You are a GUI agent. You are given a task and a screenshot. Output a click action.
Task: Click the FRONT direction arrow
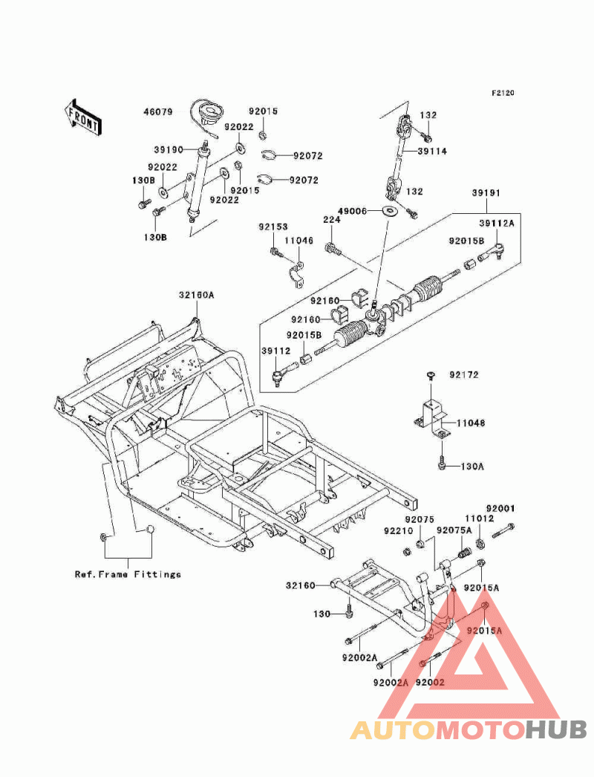[83, 116]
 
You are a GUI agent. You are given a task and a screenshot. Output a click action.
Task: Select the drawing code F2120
[502, 94]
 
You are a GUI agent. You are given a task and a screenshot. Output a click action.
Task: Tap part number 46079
[158, 113]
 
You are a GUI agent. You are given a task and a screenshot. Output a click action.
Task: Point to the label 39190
[169, 149]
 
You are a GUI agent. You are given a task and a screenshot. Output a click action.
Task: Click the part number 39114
[432, 151]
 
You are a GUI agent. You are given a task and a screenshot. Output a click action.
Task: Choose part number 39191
[486, 192]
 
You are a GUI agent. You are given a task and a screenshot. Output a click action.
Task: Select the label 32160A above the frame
[195, 295]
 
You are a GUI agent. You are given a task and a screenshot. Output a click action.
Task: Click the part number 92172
[463, 375]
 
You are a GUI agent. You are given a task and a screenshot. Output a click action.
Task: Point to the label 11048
[470, 423]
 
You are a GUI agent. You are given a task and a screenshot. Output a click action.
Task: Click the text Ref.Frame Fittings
[128, 574]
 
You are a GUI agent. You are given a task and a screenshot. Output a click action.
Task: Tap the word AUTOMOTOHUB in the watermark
[469, 729]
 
